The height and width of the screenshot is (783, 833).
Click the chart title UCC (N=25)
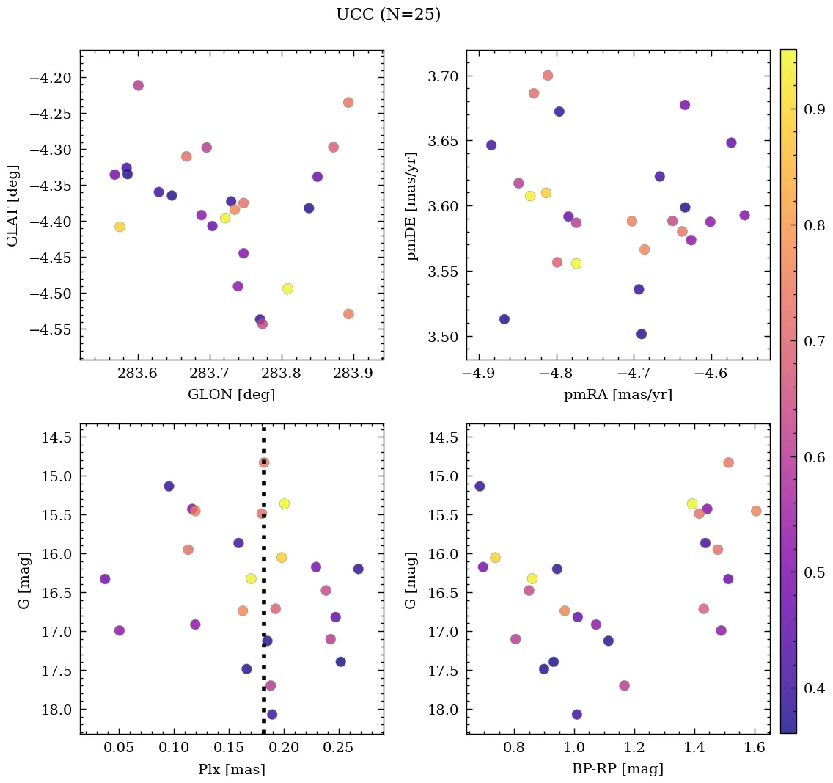click(388, 15)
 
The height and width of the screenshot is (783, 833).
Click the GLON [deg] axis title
click(231, 395)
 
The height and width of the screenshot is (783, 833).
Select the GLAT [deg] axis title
click(12, 205)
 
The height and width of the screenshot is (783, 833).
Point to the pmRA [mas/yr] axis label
click(617, 395)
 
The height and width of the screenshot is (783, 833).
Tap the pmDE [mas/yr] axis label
click(412, 205)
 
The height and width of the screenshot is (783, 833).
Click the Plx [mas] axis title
click(231, 769)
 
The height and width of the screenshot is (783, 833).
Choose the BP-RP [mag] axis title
click(617, 769)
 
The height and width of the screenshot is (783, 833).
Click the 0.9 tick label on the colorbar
click(815, 110)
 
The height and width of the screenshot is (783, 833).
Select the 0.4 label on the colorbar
click(815, 688)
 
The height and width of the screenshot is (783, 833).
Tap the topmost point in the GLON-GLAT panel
click(138, 85)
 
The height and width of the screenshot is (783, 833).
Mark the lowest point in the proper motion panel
click(642, 334)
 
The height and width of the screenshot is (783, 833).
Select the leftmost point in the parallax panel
click(105, 579)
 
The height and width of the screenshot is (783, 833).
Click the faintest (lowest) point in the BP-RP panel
click(577, 714)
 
